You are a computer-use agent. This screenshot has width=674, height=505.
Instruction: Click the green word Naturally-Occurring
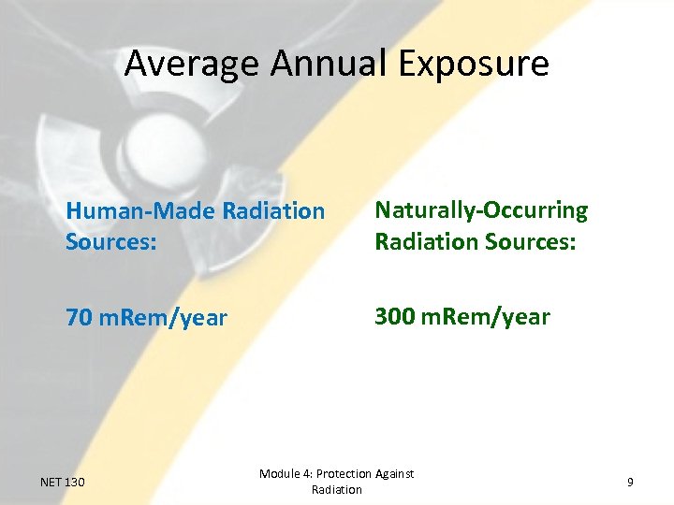pyautogui.click(x=481, y=210)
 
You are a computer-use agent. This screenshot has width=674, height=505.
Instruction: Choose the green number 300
pyautogui.click(x=393, y=317)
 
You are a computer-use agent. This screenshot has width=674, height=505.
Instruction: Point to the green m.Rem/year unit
pyautogui.click(x=485, y=317)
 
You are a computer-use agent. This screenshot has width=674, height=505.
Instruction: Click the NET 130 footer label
pyautogui.click(x=63, y=482)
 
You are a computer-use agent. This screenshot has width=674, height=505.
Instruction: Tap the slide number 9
pyautogui.click(x=630, y=482)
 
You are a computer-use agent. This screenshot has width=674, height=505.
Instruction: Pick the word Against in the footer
pyautogui.click(x=397, y=474)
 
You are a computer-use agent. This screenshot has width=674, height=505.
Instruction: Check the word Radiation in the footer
pyautogui.click(x=337, y=490)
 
